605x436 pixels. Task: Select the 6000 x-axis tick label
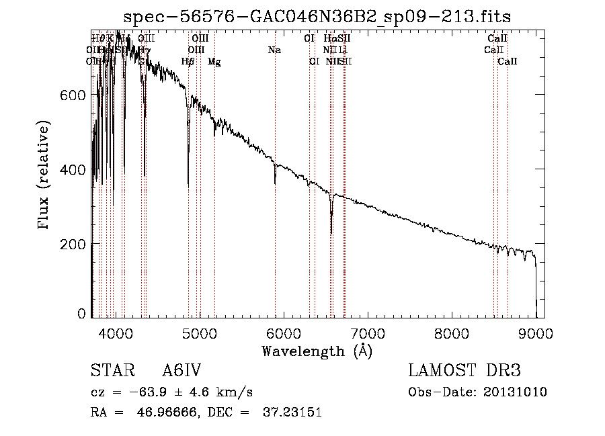click(284, 333)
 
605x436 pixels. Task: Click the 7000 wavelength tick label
click(368, 333)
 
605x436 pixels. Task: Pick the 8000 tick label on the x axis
click(452, 333)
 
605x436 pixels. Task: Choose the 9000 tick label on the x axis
click(536, 333)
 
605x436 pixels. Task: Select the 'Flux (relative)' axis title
click(45, 176)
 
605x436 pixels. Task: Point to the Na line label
click(274, 50)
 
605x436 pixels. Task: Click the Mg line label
click(214, 62)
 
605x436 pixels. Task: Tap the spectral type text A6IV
click(182, 371)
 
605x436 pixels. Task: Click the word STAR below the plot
click(112, 371)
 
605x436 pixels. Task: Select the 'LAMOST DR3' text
click(465, 371)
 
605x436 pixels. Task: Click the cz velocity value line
click(171, 392)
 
